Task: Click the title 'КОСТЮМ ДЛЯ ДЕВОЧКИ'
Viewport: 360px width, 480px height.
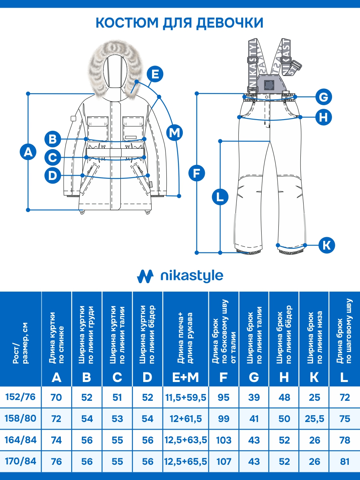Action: (x=180, y=22)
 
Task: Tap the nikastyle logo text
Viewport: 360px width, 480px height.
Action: (x=191, y=276)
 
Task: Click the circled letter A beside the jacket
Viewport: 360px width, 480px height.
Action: (x=28, y=152)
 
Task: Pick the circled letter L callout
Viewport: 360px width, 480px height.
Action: (x=220, y=197)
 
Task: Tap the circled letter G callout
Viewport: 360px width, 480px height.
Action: (x=324, y=96)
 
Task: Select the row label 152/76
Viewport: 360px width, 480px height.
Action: (x=21, y=397)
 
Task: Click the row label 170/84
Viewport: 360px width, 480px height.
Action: (x=21, y=461)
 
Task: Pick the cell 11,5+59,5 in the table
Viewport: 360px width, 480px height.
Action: (x=186, y=398)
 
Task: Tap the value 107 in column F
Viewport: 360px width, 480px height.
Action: (x=224, y=462)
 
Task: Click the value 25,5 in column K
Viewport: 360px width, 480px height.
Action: (x=314, y=419)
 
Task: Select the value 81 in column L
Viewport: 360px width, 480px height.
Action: (x=344, y=462)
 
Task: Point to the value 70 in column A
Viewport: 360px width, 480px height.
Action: (x=56, y=398)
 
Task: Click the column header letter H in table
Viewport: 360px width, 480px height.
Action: (x=284, y=377)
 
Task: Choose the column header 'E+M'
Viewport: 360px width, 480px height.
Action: (x=186, y=377)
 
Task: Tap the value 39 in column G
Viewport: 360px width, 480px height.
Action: (x=254, y=398)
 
